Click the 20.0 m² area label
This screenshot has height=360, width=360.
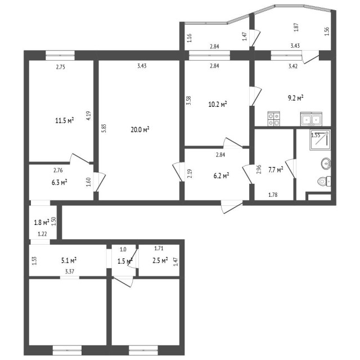(139, 129)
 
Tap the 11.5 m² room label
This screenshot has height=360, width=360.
(65, 120)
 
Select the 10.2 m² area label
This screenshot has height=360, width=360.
(217, 104)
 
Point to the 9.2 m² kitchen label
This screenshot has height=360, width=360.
(295, 97)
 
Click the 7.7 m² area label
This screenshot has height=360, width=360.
(275, 169)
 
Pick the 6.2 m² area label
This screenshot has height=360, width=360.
(221, 176)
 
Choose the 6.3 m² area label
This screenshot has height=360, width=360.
(60, 182)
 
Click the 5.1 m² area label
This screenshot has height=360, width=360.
(69, 260)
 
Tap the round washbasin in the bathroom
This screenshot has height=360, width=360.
(325, 164)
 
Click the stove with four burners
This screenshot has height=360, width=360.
(274, 119)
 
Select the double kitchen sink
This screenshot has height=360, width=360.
(311, 119)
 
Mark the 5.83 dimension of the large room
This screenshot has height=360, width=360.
(103, 128)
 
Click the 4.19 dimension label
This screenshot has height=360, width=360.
(88, 116)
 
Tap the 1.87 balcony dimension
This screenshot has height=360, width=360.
(296, 25)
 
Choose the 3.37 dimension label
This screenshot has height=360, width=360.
(70, 272)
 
